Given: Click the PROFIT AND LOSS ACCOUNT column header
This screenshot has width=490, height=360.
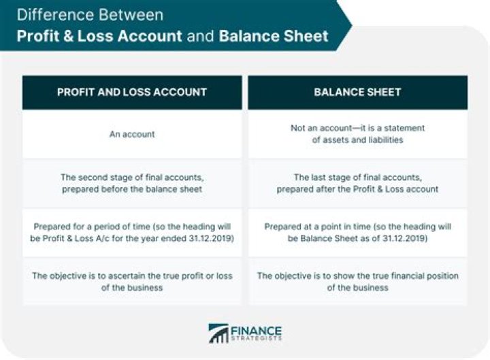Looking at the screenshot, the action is pos(132,92).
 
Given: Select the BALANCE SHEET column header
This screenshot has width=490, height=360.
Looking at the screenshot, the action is pos(357,92).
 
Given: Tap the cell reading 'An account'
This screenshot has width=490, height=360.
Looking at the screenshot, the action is pos(132,134).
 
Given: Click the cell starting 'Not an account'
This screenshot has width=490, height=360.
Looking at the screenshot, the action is pos(357,134).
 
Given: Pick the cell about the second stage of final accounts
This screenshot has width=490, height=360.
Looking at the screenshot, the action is pos(132,183).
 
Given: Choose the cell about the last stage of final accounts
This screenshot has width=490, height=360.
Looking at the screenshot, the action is pos(357,183).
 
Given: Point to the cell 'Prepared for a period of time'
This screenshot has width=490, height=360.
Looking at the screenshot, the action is pos(132,233).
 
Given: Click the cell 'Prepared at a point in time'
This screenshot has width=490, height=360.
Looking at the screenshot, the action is pos(357,233).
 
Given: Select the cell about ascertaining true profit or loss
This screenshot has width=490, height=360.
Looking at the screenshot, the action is pos(132,282).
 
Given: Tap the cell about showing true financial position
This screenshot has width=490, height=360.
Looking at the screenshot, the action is pos(357,282).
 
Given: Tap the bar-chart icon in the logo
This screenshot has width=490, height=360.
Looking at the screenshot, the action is pos(218,333).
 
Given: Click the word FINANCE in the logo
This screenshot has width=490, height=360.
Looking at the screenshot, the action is pos(256,331).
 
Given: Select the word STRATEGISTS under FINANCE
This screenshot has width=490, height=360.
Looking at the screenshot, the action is pos(256,338).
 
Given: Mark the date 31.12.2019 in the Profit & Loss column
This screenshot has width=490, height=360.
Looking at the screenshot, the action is pos(210,238).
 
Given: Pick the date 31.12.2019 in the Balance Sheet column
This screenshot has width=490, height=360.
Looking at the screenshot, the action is pos(404,238).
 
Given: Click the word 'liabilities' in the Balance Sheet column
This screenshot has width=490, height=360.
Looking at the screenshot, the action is pos(386,140).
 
